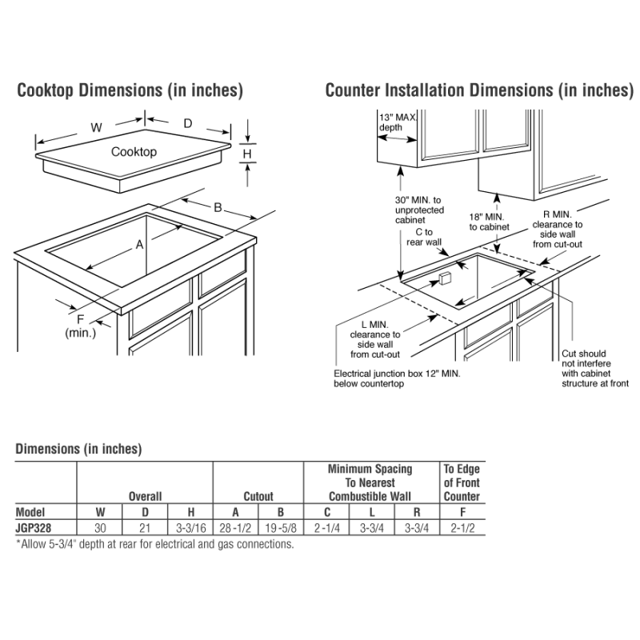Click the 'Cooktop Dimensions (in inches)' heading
tap(130, 90)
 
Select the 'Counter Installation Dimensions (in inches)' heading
tap(478, 90)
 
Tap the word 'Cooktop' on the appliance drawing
tap(134, 152)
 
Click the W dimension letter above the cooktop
tap(96, 127)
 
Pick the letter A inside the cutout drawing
tap(139, 245)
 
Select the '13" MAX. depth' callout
tap(397, 122)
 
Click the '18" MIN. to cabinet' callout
tap(489, 222)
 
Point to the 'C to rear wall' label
tap(423, 237)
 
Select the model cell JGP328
tap(36, 528)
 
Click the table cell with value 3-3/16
tap(190, 528)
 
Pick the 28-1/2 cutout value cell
tap(236, 528)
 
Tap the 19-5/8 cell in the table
tap(281, 528)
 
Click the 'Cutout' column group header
tap(258, 497)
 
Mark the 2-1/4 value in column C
tap(326, 528)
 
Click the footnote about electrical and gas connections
tap(154, 544)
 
